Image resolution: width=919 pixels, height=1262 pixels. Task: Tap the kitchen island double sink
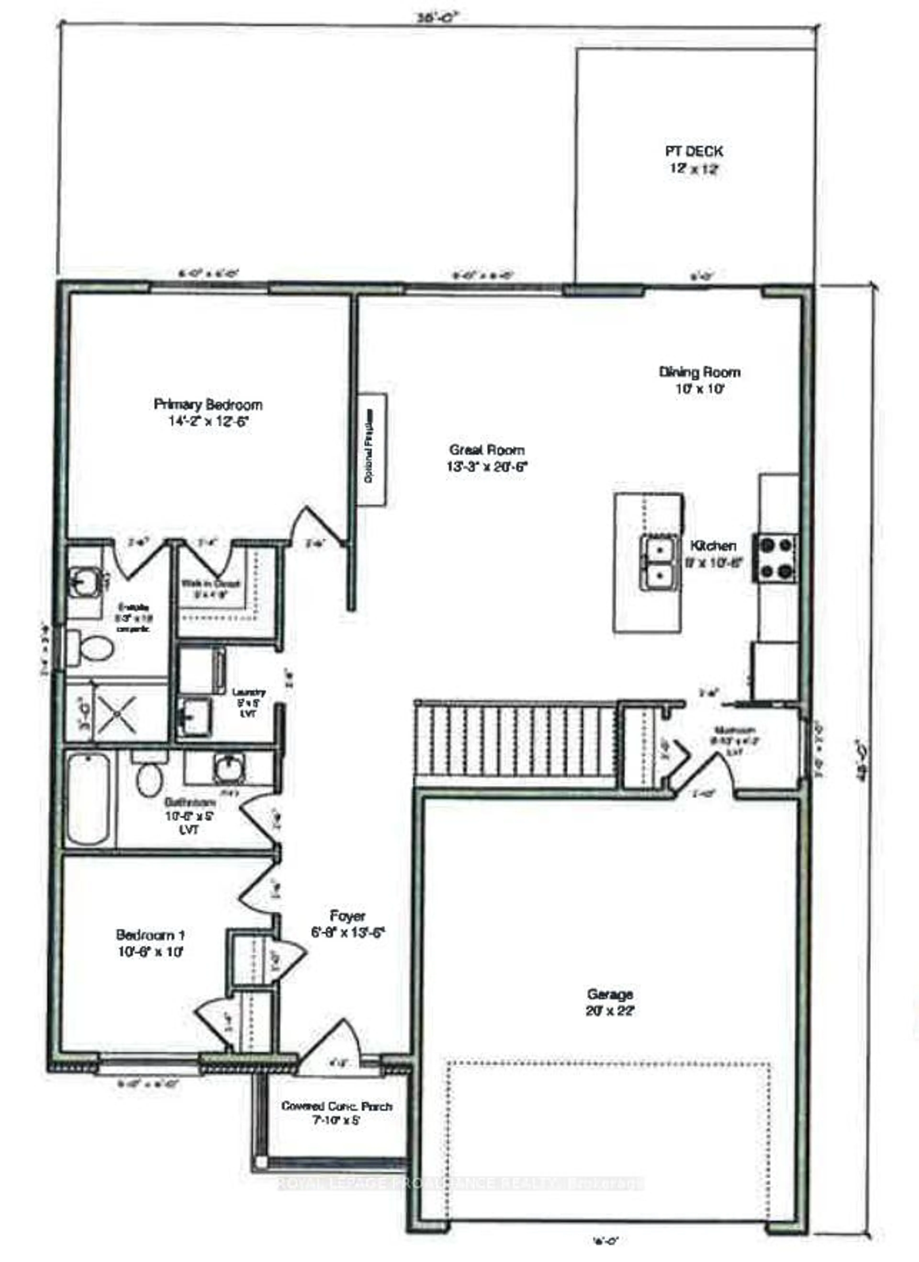pos(659,561)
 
